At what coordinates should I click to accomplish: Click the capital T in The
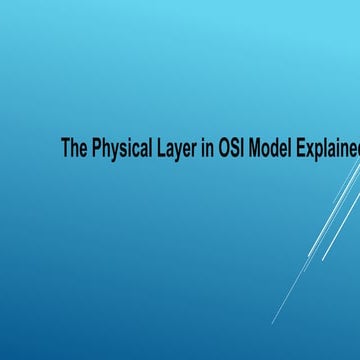pos(66,149)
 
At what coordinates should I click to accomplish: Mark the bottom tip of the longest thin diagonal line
pos(271,323)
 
